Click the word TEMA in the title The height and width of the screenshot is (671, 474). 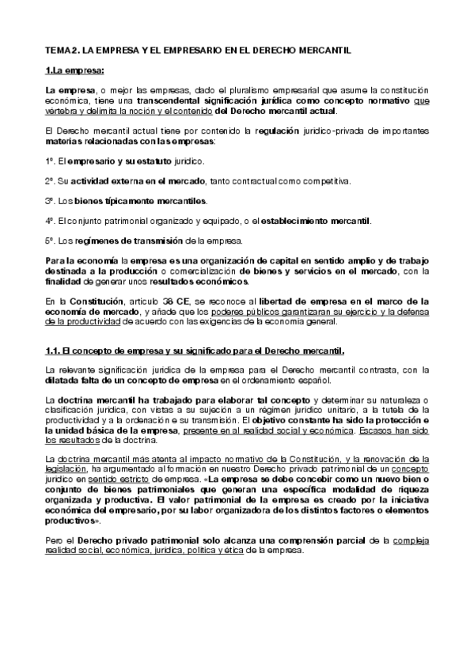[57, 50]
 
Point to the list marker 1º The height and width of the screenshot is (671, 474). [49, 161]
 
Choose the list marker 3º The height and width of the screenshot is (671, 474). [49, 199]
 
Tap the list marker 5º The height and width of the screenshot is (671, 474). [49, 239]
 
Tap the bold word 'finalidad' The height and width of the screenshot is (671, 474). [65, 280]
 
